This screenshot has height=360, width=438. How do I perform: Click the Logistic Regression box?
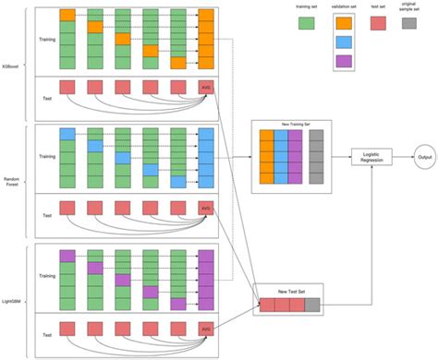(371, 157)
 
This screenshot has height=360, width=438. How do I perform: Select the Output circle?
(424, 157)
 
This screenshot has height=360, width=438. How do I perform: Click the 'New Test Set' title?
(287, 292)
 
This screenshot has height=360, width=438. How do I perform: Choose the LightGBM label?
(10, 286)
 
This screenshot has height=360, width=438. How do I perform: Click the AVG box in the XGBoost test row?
(206, 89)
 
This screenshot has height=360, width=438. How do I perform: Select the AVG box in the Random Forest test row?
(206, 209)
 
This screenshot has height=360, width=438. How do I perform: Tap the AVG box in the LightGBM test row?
(206, 328)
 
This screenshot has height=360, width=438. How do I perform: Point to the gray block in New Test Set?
(312, 306)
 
